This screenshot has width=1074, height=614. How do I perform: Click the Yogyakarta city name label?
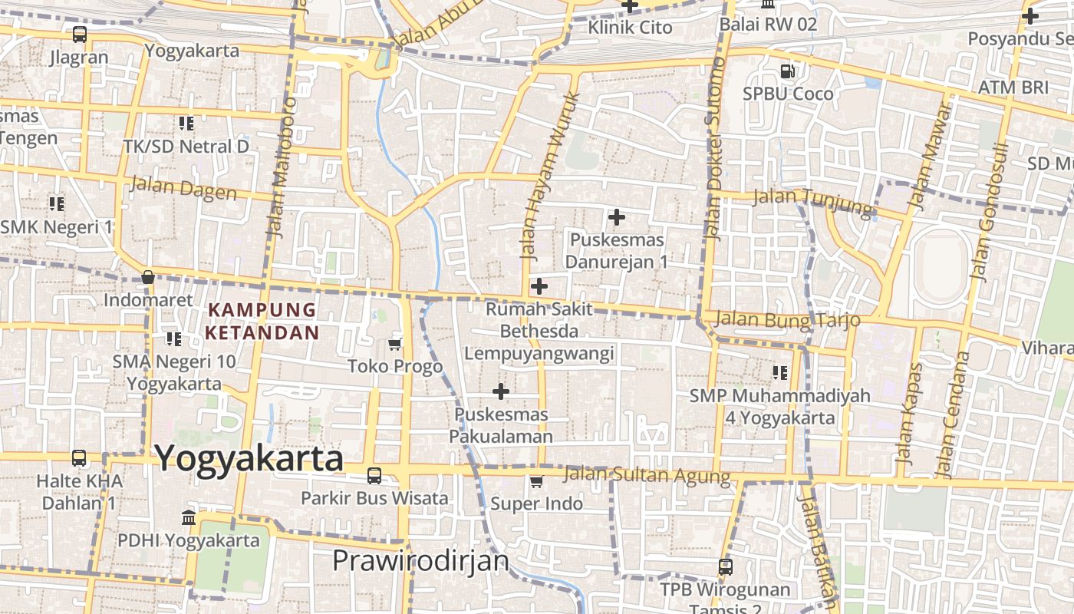click(x=249, y=458)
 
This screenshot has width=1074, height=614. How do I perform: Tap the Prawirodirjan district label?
click(x=420, y=561)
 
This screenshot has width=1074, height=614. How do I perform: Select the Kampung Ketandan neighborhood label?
click(x=262, y=321)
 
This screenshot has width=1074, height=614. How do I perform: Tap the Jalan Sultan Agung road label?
click(x=647, y=475)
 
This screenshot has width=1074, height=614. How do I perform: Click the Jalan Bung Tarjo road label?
click(x=787, y=319)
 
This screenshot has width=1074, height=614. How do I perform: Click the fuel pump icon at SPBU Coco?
click(x=787, y=71)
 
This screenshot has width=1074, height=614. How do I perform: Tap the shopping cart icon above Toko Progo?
click(x=395, y=344)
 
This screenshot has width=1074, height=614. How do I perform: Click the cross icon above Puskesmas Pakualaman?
click(x=501, y=391)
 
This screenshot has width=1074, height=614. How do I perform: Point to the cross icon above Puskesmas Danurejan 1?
click(x=616, y=217)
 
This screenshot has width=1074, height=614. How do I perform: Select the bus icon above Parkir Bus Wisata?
click(x=374, y=476)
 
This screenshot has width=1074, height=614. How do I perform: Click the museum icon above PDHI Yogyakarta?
click(x=188, y=518)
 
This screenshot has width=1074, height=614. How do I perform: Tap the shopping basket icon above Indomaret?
click(x=147, y=277)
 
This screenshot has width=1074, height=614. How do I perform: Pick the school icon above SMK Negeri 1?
click(x=57, y=204)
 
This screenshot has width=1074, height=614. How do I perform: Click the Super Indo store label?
click(x=536, y=504)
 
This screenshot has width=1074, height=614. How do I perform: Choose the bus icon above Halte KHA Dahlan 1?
click(x=79, y=458)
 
